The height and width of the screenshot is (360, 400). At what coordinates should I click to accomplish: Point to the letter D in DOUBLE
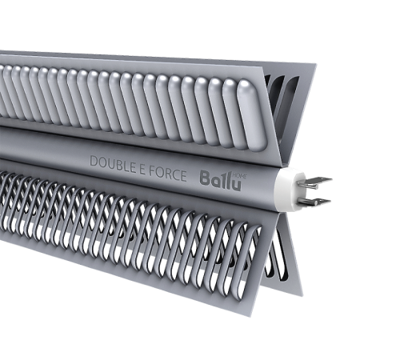click(94, 161)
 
